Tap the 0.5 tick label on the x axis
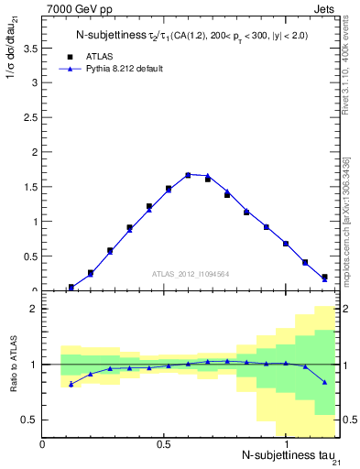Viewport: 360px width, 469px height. (x=164, y=444)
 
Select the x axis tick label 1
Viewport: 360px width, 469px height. (x=286, y=444)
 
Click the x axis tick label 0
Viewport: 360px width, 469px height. (x=43, y=444)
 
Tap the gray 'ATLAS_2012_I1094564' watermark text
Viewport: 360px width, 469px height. (x=191, y=273)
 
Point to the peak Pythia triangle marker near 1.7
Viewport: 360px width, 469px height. (x=188, y=174)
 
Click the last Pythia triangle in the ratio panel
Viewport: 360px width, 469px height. (x=324, y=382)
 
